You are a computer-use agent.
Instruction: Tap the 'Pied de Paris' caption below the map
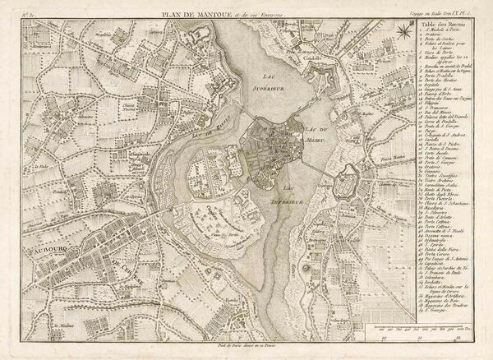pyautogui.click(x=246, y=351)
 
